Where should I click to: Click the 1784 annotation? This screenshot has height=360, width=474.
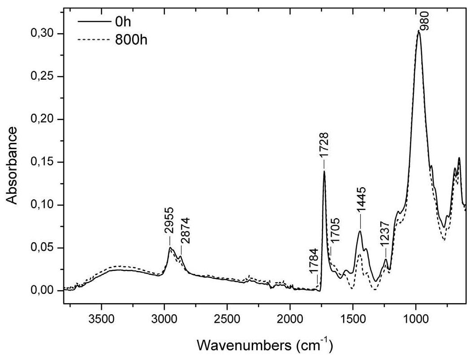[x=313, y=266]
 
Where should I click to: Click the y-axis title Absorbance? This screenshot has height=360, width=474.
[x=13, y=165]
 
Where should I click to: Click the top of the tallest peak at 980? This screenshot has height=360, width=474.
[x=419, y=31]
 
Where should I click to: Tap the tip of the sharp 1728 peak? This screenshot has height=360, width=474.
[x=324, y=171]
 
